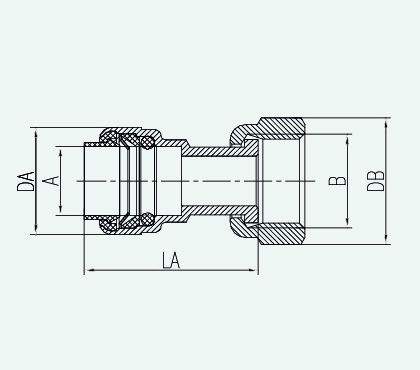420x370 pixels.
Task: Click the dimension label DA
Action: pyautogui.click(x=26, y=181)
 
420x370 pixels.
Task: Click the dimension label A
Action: pyautogui.click(x=51, y=181)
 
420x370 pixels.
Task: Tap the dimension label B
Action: pyautogui.click(x=337, y=181)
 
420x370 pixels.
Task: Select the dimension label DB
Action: pyautogui.click(x=376, y=181)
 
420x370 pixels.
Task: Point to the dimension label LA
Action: pyautogui.click(x=171, y=261)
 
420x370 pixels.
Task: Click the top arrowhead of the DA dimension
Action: pyautogui.click(x=35, y=133)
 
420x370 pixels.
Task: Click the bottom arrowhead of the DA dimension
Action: pyautogui.click(x=35, y=229)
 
